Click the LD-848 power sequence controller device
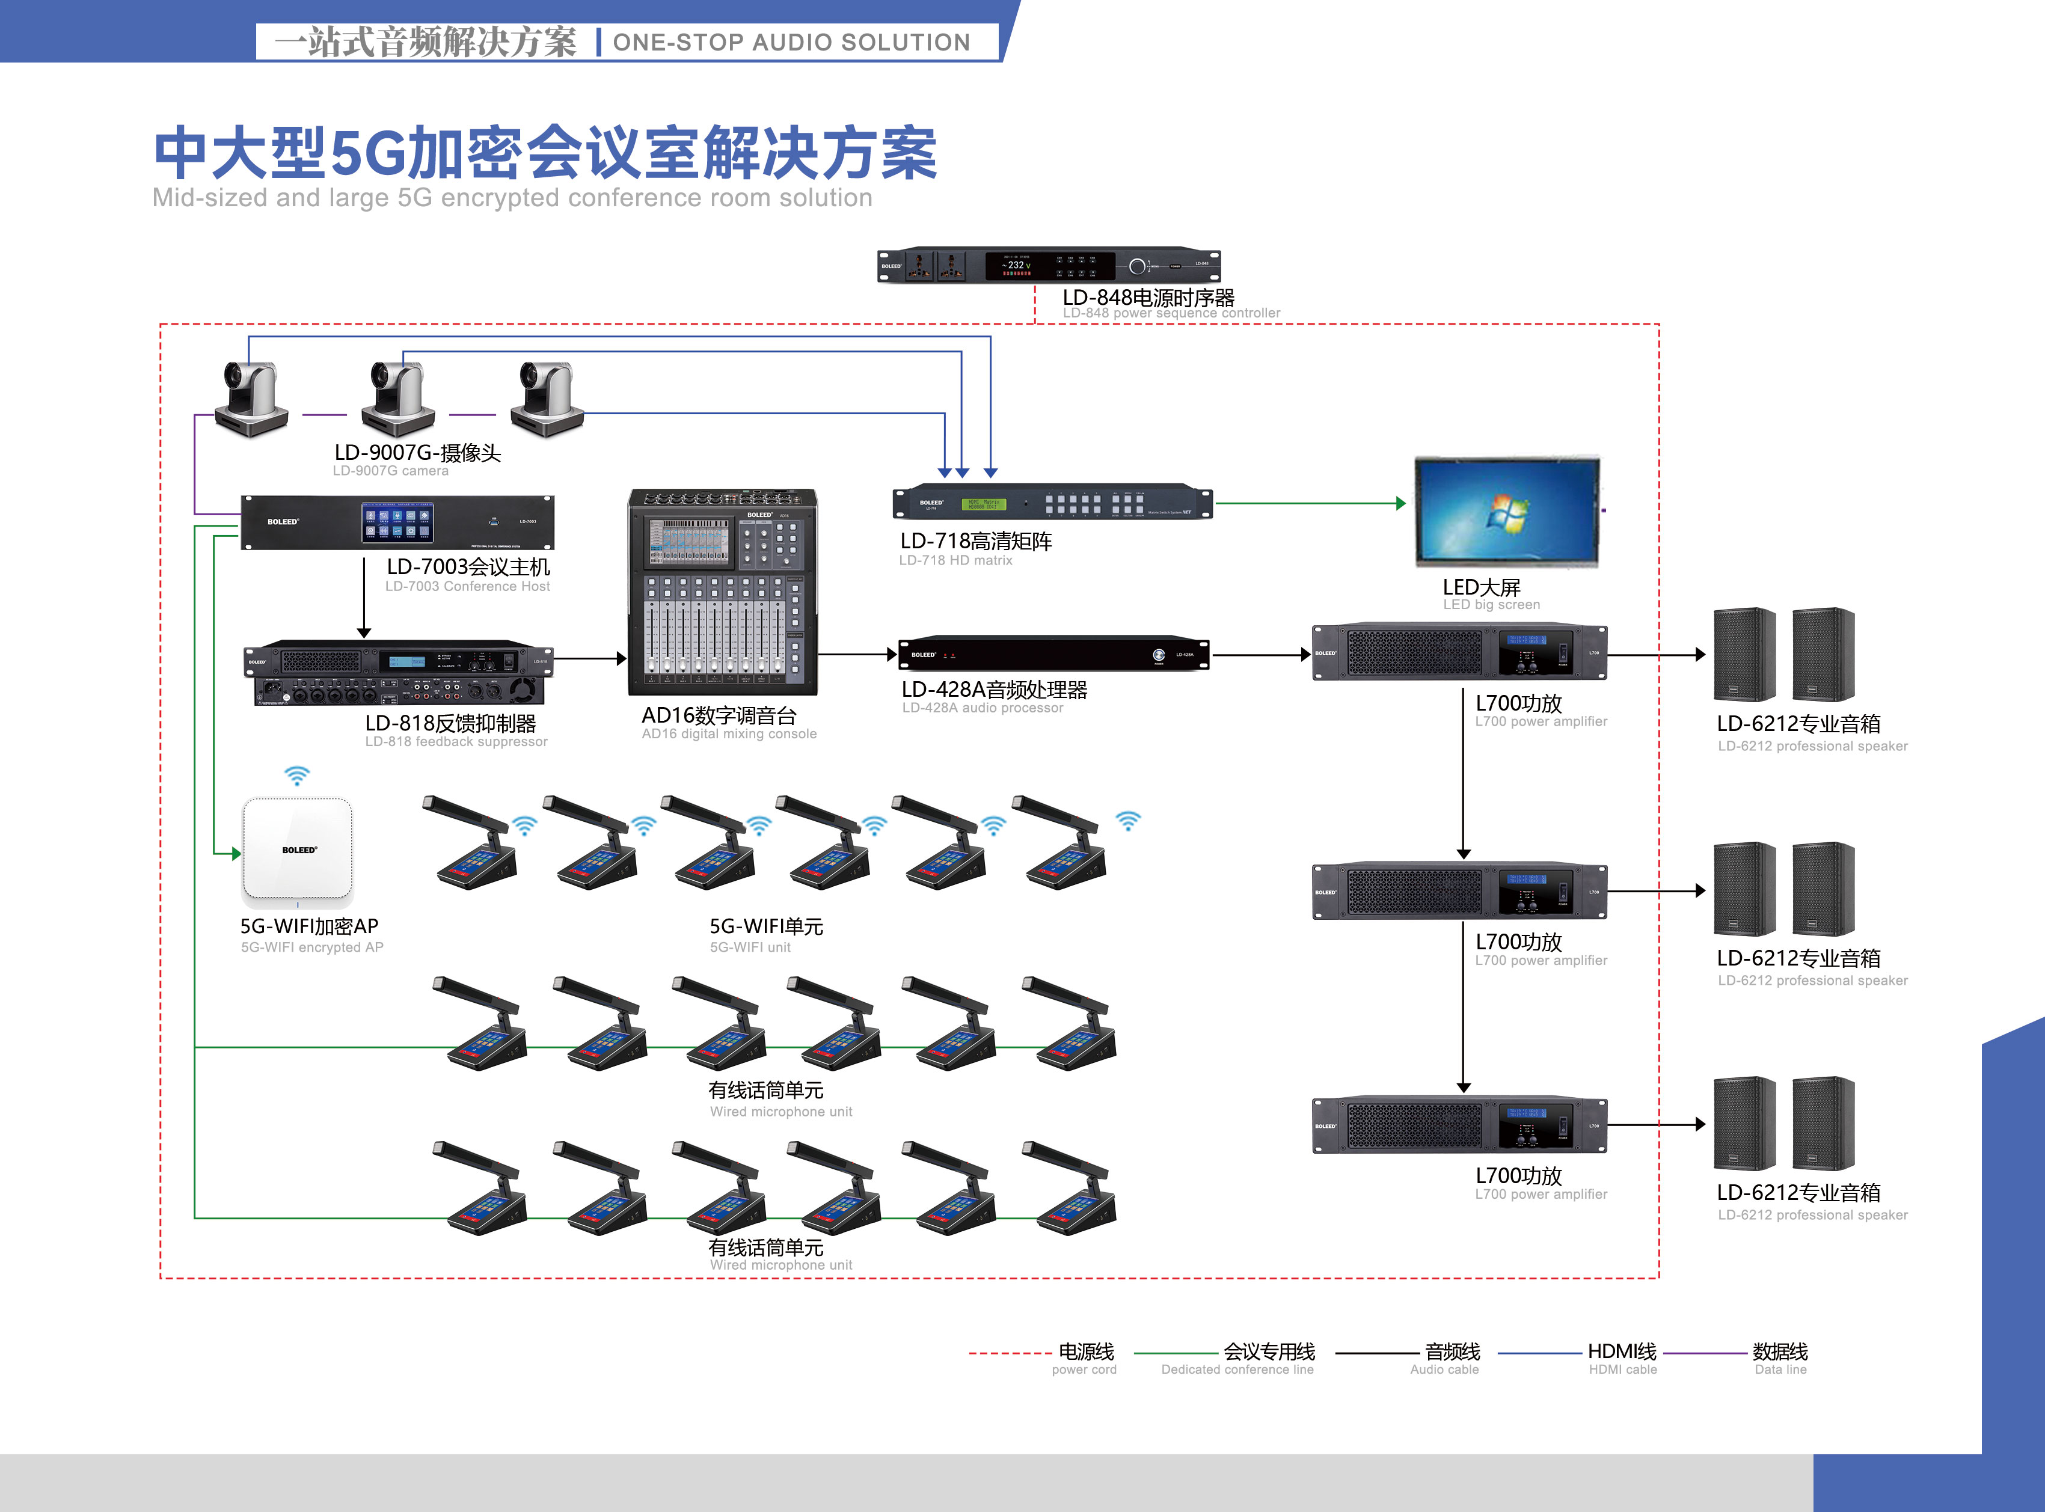tap(1048, 265)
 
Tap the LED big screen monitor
tap(1507, 510)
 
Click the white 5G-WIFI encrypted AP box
tap(298, 849)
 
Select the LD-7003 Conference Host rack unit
tap(397, 522)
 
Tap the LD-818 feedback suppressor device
tap(399, 672)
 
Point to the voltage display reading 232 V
tap(1015, 265)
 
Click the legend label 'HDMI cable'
tap(1622, 1370)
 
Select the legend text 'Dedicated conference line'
tap(1237, 1370)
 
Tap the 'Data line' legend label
tap(1780, 1370)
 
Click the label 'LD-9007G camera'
tap(390, 471)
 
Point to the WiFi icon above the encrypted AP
tap(296, 776)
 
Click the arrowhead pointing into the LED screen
tap(1400, 503)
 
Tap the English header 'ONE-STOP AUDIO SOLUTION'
tap(791, 42)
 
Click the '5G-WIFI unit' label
tap(750, 947)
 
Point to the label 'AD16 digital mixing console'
tap(729, 734)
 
